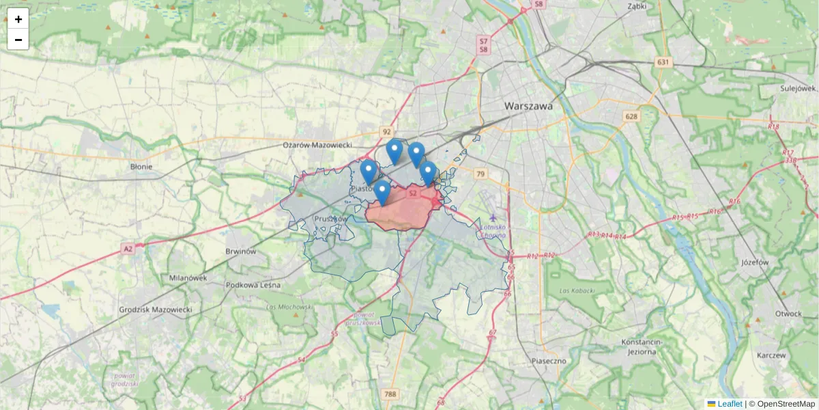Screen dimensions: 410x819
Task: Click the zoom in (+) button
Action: [18, 19]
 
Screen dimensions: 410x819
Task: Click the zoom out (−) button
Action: [18, 40]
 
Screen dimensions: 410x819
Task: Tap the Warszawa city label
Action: [528, 107]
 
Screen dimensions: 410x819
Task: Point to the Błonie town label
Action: [141, 166]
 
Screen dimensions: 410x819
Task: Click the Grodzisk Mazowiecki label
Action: [156, 310]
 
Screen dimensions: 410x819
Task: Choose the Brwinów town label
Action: [240, 251]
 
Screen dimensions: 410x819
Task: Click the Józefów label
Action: [755, 262]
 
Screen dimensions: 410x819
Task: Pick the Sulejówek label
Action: [799, 88]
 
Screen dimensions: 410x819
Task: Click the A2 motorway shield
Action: [128, 249]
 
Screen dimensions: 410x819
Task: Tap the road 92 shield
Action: [387, 131]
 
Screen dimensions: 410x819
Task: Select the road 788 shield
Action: [390, 394]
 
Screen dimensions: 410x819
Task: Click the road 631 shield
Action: [662, 62]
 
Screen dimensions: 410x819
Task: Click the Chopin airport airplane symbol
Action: [493, 218]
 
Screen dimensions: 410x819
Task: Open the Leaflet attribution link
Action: [729, 404]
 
